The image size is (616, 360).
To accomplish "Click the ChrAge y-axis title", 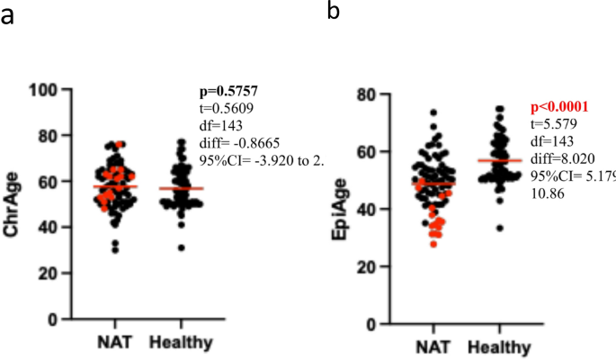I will click(13, 205).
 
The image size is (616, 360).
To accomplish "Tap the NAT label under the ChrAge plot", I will click(115, 343).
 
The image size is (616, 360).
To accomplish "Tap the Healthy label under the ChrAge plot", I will click(180, 343).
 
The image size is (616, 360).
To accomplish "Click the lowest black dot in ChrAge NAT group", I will click(116, 249).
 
